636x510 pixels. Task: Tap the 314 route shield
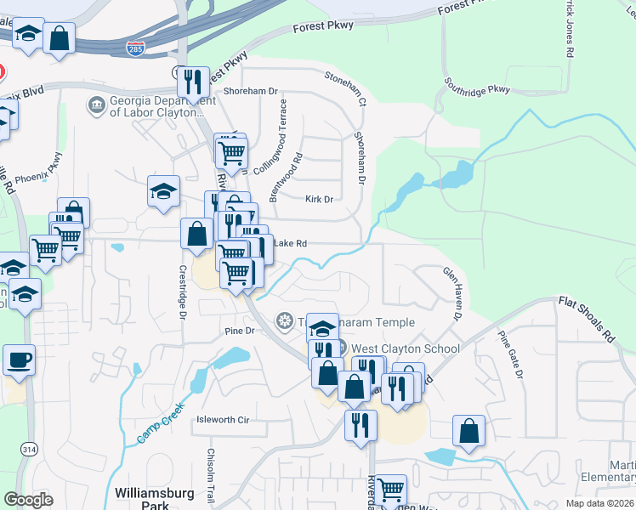30,448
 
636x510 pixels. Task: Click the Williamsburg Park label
154,498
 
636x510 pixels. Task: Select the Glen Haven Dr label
451,293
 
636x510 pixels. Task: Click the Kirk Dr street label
319,200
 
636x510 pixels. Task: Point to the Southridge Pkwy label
476,87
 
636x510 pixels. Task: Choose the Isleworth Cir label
222,420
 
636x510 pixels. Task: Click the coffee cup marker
19,360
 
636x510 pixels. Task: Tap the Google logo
29,499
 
